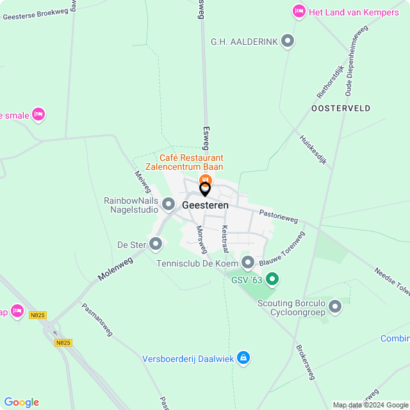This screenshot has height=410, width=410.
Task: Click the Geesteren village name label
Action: [205, 206]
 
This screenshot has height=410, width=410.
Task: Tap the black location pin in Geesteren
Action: [205, 189]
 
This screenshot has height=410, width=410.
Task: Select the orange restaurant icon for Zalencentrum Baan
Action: [205, 179]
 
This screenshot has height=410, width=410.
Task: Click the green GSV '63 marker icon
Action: [272, 279]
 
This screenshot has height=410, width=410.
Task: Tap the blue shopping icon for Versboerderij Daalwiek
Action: [243, 358]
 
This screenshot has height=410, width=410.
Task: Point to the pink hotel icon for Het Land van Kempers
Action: [299, 11]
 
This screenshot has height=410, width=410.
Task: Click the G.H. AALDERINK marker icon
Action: [288, 42]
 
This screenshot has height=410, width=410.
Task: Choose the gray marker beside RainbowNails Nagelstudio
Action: [168, 204]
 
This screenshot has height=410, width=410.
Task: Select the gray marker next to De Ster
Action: [156, 244]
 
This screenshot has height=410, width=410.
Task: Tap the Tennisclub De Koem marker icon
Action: [248, 263]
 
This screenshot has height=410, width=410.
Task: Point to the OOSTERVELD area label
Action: [341, 108]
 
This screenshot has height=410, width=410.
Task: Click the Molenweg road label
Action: [115, 268]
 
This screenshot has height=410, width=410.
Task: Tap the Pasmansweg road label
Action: [97, 320]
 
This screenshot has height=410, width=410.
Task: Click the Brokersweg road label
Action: [305, 363]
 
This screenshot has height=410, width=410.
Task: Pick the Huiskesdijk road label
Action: [313, 149]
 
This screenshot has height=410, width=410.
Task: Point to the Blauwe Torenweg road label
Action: [283, 250]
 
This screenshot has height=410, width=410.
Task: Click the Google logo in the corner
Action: [21, 402]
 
